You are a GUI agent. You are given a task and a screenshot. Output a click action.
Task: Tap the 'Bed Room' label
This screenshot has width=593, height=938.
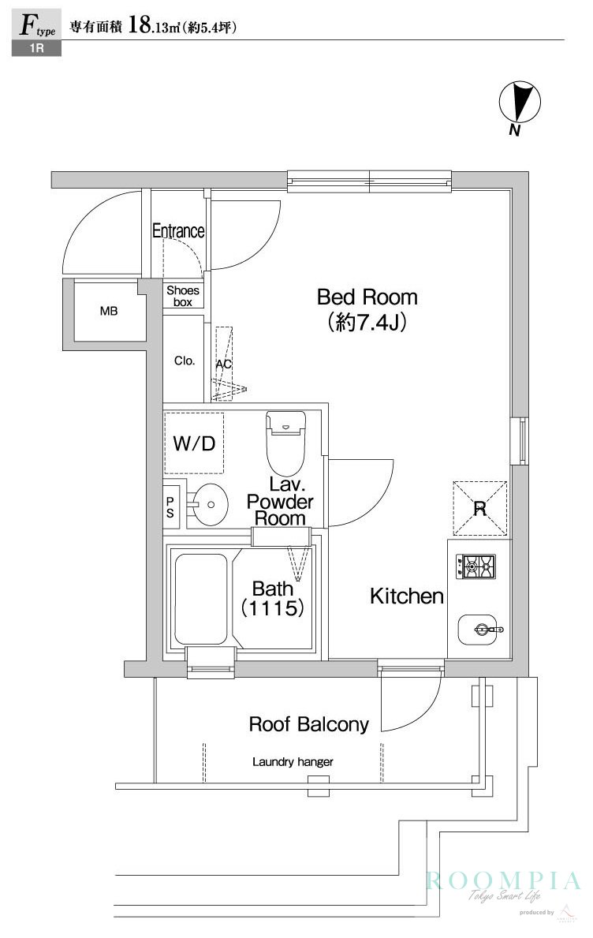click(x=367, y=297)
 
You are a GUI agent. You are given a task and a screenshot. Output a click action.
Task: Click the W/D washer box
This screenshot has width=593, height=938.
click(x=194, y=443)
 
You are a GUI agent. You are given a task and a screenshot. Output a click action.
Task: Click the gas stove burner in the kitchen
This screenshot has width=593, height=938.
click(x=475, y=565)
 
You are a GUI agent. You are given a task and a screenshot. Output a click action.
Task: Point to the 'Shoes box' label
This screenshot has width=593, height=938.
click(x=183, y=296)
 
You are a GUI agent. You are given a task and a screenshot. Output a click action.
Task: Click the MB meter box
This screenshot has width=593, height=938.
click(x=109, y=312)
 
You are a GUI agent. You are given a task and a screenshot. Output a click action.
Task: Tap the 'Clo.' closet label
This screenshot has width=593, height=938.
click(x=185, y=361)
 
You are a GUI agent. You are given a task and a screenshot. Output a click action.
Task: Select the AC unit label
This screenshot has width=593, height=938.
click(x=224, y=364)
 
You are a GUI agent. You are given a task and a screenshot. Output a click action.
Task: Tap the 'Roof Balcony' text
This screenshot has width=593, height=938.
click(x=308, y=724)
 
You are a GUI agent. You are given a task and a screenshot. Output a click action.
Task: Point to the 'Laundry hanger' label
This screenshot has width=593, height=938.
click(x=293, y=762)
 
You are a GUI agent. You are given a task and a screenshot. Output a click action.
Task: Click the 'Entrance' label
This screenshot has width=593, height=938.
click(x=178, y=231)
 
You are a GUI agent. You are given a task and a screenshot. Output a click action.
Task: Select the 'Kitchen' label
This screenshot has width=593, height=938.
click(x=407, y=596)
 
